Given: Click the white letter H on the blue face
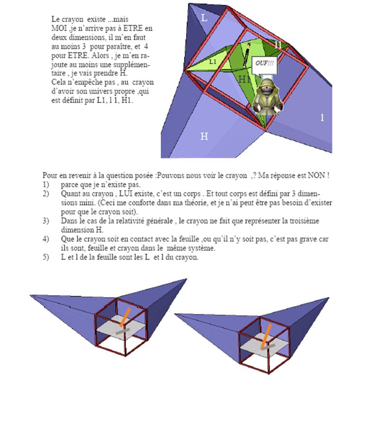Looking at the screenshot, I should coord(204,136).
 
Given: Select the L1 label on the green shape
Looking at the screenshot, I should coord(213,62).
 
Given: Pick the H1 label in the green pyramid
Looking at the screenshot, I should coord(244,79).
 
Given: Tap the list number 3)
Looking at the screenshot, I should coord(46,221).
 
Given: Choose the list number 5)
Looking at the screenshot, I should coord(46,257).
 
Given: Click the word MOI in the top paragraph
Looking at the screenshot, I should coord(59,28).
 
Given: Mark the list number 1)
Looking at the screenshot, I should coord(46,184).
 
